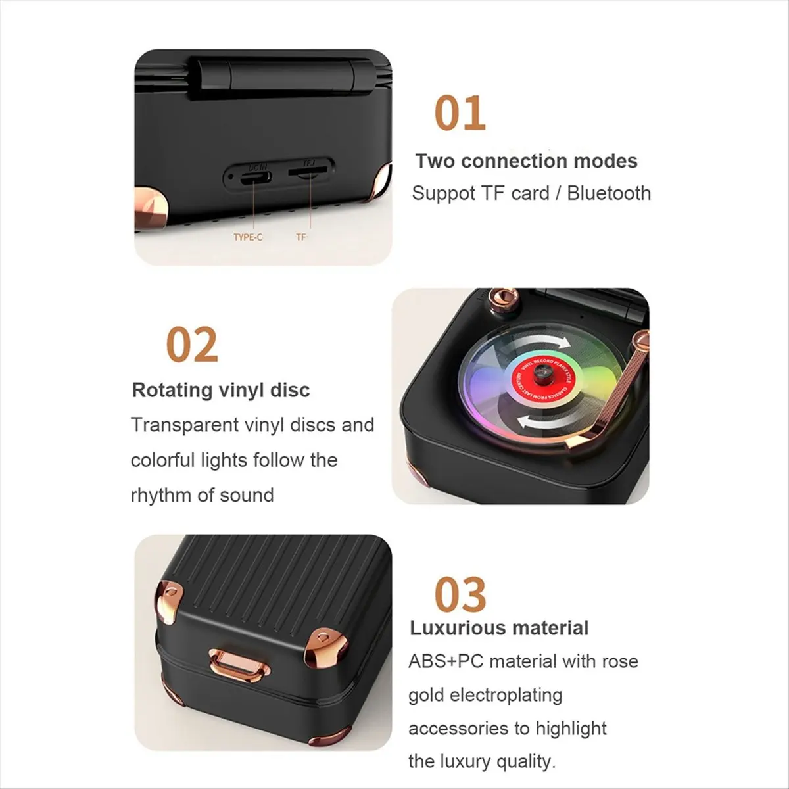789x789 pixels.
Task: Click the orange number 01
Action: [x=460, y=114]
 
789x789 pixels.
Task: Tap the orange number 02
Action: [x=191, y=345]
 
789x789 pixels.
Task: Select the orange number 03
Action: [x=460, y=595]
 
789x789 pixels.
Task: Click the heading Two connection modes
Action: [x=526, y=161]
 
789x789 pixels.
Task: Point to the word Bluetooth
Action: [x=609, y=193]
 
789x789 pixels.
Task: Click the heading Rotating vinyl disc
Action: [x=221, y=390]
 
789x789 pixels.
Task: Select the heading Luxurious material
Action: [x=499, y=628]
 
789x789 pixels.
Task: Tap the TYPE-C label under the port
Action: [x=248, y=237]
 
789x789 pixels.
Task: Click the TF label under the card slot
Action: [x=300, y=237]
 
